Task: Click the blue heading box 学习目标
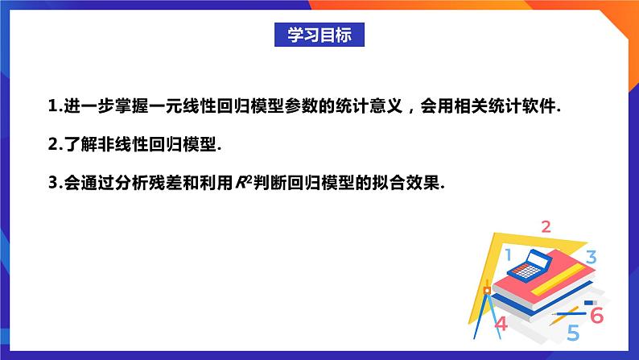tap(319, 35)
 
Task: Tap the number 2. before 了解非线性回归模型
tap(55, 145)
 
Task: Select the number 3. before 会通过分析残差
tap(55, 183)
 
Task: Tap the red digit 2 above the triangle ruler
tap(546, 226)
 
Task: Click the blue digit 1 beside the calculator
tap(508, 255)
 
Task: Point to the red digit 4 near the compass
tap(501, 325)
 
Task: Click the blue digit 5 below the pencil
tap(573, 332)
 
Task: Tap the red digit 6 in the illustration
tap(596, 315)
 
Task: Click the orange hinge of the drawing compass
tap(486, 288)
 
